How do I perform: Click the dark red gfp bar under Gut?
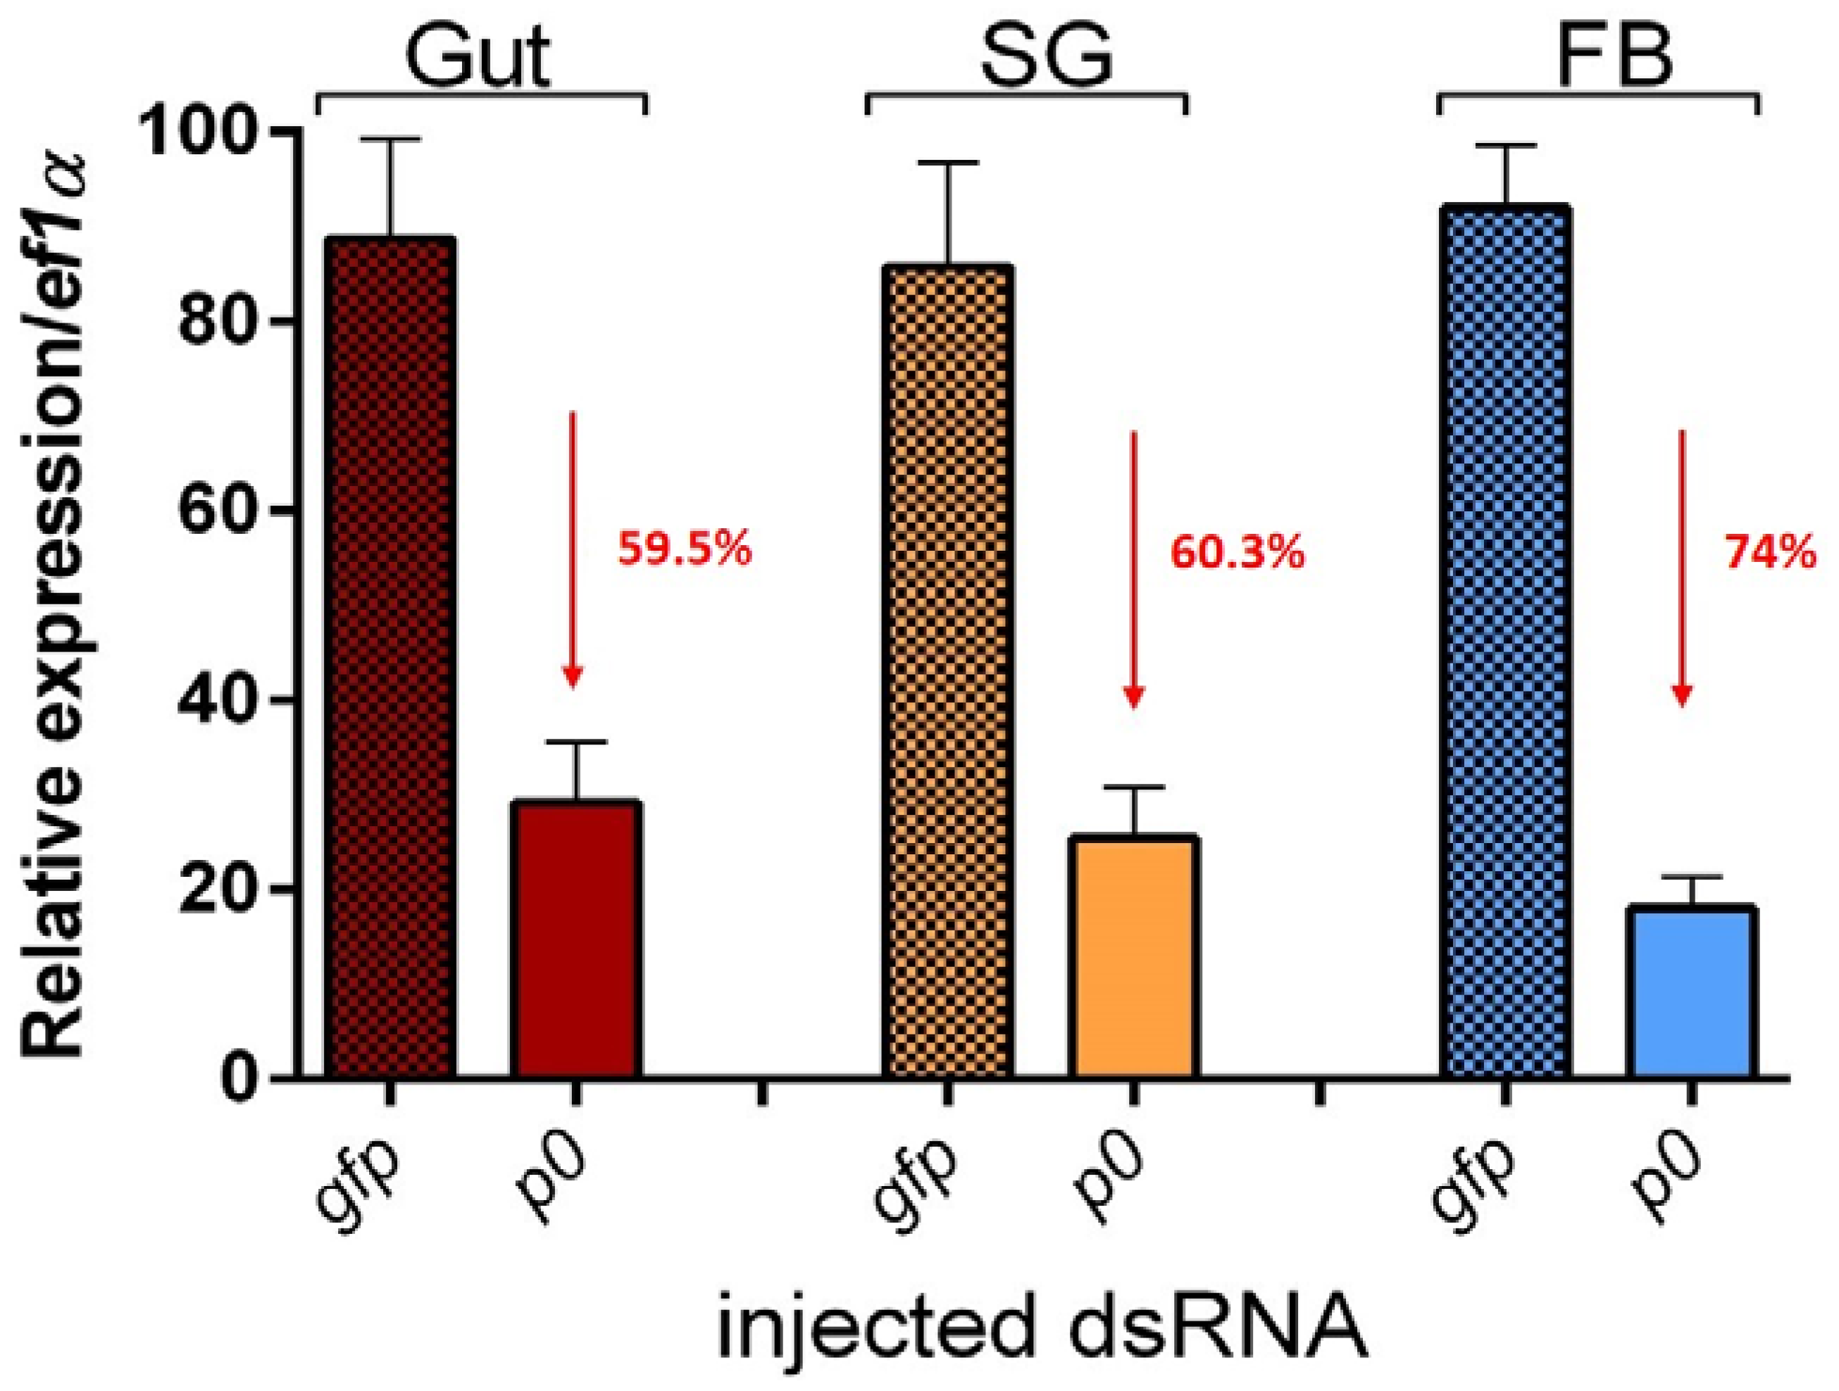(x=390, y=657)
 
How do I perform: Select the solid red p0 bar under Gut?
(x=576, y=940)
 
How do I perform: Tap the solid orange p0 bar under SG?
(x=1135, y=956)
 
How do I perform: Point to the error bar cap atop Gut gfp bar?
(x=390, y=139)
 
